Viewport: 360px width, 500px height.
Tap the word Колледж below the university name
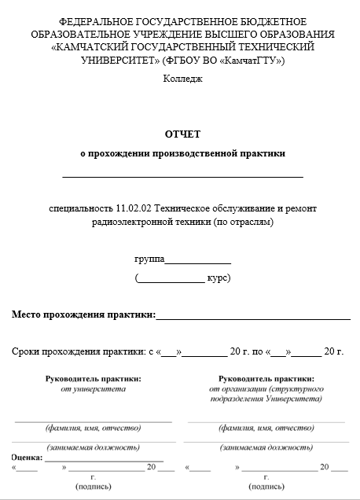click(x=182, y=78)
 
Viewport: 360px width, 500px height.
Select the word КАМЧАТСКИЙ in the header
click(x=97, y=47)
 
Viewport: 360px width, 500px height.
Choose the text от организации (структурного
click(x=266, y=388)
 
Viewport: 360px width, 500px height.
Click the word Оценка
click(x=27, y=457)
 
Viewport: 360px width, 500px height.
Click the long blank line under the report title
click(x=182, y=175)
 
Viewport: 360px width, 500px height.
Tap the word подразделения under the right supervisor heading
click(x=240, y=399)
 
